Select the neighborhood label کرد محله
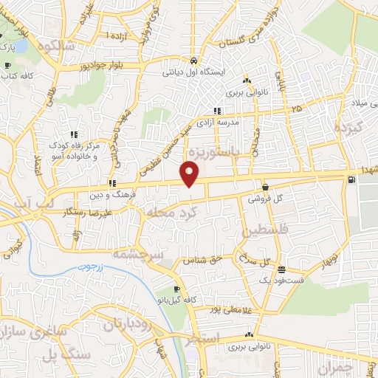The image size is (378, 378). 172,213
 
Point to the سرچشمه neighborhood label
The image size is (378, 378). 138,252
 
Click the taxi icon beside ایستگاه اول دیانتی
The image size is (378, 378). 193,61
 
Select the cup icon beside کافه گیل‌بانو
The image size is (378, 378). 176,289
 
